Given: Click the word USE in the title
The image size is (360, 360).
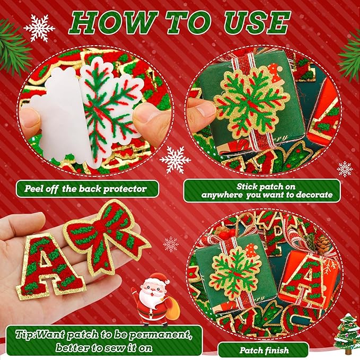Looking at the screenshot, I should [x=257, y=23].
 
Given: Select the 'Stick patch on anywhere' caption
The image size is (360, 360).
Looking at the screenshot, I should [x=262, y=190].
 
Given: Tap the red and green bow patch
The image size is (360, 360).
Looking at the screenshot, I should [x=106, y=233].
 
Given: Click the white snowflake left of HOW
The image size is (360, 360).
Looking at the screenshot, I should [x=39, y=28].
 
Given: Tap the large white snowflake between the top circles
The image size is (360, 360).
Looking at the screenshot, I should [x=175, y=160].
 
